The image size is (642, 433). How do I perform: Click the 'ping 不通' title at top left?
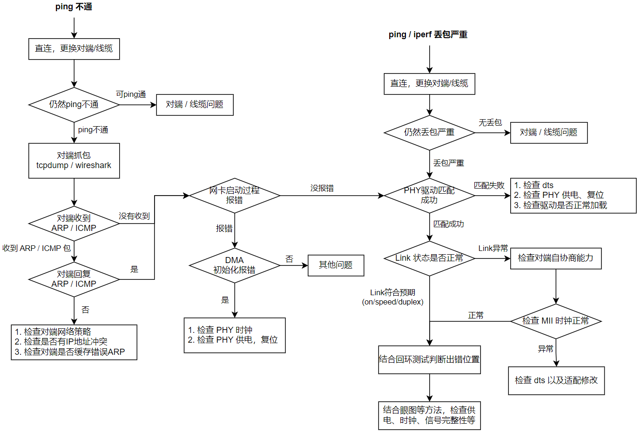pyautogui.click(x=74, y=7)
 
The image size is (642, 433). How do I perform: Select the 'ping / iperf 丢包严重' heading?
pyautogui.click(x=428, y=34)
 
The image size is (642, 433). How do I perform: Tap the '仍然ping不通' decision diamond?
pyautogui.click(x=74, y=105)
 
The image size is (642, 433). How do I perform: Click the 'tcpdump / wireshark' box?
pyautogui.click(x=74, y=161)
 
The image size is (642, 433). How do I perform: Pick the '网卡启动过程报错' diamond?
pyautogui.click(x=235, y=196)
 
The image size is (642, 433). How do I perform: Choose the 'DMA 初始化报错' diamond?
pyautogui.click(x=235, y=265)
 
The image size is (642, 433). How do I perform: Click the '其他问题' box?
pyautogui.click(x=336, y=265)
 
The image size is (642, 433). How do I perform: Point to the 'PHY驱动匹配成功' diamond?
pyautogui.click(x=429, y=196)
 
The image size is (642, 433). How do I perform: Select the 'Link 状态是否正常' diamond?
pyautogui.click(x=429, y=258)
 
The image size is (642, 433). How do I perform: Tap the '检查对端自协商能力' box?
pyautogui.click(x=556, y=258)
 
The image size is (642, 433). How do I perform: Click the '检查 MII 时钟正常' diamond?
pyautogui.click(x=556, y=321)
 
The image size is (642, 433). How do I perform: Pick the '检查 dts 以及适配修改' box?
pyautogui.click(x=556, y=380)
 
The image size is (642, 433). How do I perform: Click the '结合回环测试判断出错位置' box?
pyautogui.click(x=429, y=359)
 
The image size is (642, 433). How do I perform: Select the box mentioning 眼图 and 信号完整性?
pyautogui.click(x=429, y=415)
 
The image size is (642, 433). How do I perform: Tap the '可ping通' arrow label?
pyautogui.click(x=131, y=94)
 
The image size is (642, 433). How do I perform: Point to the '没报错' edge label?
pyautogui.click(x=322, y=188)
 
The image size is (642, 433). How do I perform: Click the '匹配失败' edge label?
pyautogui.click(x=489, y=185)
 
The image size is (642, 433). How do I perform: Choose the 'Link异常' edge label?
pyautogui.click(x=493, y=248)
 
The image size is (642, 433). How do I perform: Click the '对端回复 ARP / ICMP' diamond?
pyautogui.click(x=74, y=279)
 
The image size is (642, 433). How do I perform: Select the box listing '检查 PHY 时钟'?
pyautogui.click(x=235, y=335)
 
